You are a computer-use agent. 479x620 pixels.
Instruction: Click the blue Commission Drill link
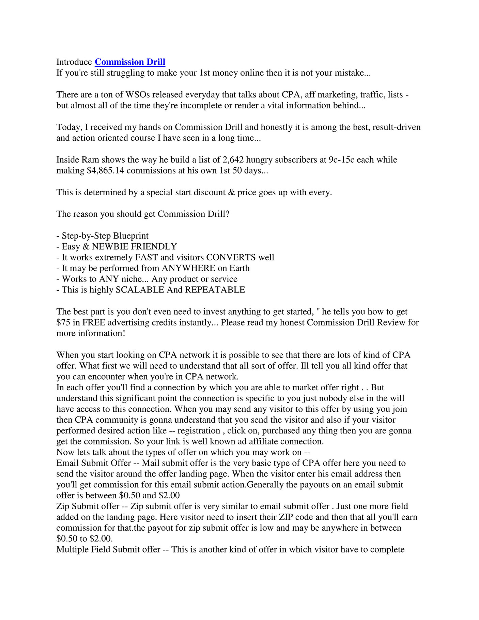(130, 62)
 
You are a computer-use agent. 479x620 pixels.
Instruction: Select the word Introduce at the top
(74, 62)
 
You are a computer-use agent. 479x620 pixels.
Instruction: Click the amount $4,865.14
(106, 170)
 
